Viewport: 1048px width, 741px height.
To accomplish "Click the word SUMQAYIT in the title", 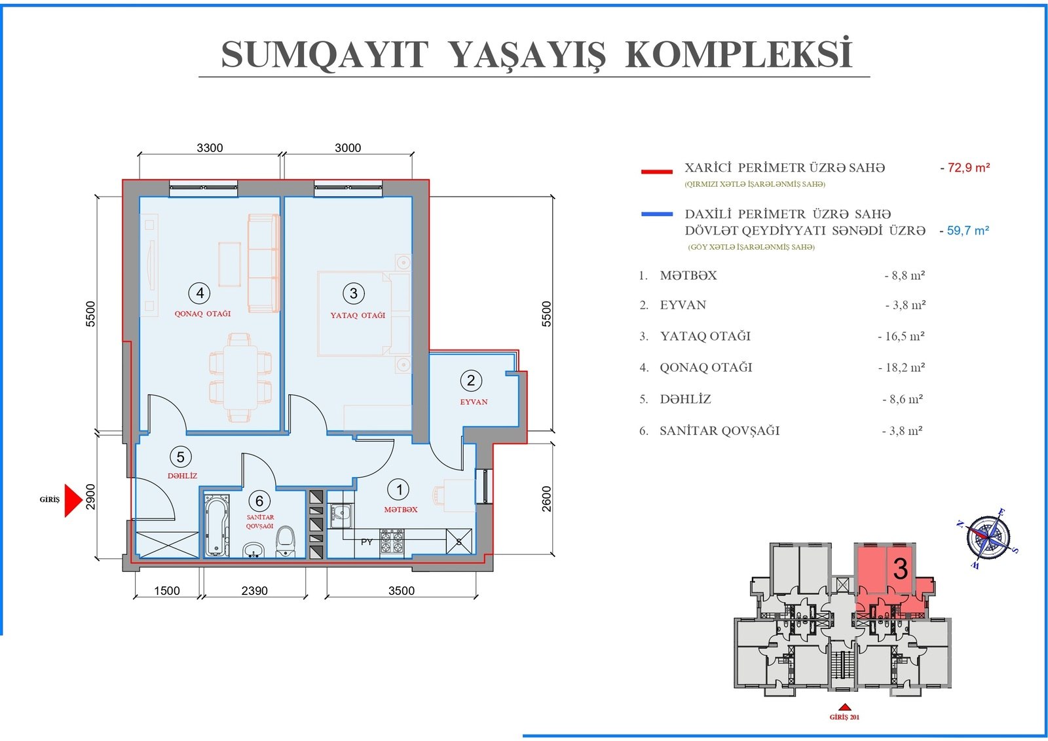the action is tap(325, 55).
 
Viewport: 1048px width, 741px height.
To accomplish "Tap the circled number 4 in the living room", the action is tap(200, 293).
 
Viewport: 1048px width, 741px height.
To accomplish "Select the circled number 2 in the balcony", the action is tap(471, 381).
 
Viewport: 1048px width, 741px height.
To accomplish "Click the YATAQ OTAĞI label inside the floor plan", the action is tap(358, 316).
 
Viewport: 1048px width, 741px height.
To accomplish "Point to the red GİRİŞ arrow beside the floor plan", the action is tap(73, 501).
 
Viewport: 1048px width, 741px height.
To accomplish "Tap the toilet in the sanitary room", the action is tap(286, 541).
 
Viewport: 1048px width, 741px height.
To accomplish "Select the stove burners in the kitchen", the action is tap(392, 542).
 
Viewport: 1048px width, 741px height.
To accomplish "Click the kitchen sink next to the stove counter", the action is tap(341, 516).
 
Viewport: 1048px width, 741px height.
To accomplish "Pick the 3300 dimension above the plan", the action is tap(210, 148).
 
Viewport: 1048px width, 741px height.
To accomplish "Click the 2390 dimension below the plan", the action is tap(255, 591).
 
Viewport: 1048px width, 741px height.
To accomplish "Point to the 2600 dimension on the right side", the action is tap(546, 499).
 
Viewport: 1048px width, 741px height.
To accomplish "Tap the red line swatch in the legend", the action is tap(657, 172).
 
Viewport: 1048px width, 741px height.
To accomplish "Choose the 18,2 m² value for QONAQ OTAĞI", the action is tap(901, 368).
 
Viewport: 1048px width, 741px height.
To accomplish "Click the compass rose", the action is tap(988, 539).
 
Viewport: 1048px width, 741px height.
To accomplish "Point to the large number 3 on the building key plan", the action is tap(901, 569).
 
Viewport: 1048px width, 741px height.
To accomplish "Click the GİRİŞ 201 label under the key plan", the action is tap(844, 717).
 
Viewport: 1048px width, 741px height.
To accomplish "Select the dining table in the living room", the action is tap(240, 378).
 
